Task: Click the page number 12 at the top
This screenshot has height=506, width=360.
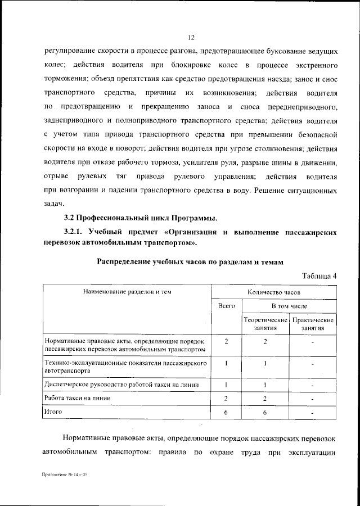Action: tap(191, 38)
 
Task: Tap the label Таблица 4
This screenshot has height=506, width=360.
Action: tap(319, 275)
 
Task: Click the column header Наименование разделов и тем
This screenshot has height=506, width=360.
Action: tap(127, 292)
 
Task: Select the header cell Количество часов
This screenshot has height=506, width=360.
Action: tap(273, 292)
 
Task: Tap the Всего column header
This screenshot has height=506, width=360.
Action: tap(226, 306)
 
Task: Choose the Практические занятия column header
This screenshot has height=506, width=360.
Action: tap(313, 324)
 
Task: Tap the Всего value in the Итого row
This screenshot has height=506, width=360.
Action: tap(226, 413)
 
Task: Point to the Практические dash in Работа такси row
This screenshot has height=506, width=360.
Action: tap(313, 399)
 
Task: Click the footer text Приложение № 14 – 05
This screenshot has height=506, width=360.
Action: tap(65, 475)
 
